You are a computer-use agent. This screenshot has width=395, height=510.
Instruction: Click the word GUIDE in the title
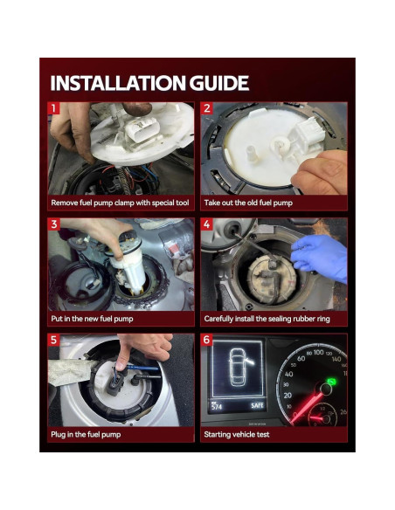pyautogui.click(x=219, y=83)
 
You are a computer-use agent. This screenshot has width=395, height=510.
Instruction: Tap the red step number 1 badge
pyautogui.click(x=53, y=108)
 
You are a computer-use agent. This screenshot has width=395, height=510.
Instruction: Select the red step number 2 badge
pyautogui.click(x=207, y=108)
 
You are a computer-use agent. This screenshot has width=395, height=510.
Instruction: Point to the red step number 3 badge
pyautogui.click(x=53, y=224)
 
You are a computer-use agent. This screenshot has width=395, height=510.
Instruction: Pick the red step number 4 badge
pyautogui.click(x=207, y=224)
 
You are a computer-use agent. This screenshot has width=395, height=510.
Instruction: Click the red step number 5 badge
pyautogui.click(x=53, y=340)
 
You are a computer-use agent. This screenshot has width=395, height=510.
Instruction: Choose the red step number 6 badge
pyautogui.click(x=207, y=340)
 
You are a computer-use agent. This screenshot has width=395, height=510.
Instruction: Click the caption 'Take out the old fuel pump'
pyautogui.click(x=248, y=203)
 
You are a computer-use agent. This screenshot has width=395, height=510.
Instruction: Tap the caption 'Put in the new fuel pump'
pyautogui.click(x=92, y=319)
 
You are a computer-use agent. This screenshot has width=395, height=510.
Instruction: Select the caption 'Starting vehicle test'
pyautogui.click(x=237, y=435)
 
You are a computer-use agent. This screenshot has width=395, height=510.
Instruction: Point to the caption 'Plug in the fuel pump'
pyautogui.click(x=86, y=435)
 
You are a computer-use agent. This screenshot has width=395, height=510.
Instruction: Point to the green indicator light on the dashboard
pyautogui.click(x=332, y=382)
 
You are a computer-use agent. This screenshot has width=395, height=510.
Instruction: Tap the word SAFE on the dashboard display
pyautogui.click(x=257, y=405)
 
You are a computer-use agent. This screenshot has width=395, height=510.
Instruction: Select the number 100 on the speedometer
pyautogui.click(x=319, y=352)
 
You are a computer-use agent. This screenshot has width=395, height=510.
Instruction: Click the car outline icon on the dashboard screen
pyautogui.click(x=239, y=368)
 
